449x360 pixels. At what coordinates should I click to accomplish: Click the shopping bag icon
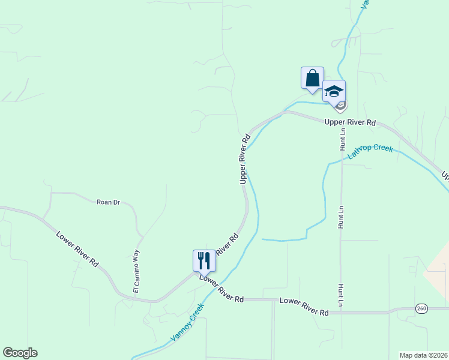tap(312, 78)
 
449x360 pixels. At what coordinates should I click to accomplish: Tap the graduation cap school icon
tap(334, 91)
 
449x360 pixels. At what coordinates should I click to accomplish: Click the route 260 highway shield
tap(421, 308)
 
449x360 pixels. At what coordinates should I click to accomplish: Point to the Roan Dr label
tap(109, 202)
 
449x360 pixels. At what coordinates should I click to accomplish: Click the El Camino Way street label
tap(136, 271)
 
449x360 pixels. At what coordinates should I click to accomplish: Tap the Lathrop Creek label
tap(370, 151)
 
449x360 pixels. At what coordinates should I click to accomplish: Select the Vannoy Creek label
tap(187, 322)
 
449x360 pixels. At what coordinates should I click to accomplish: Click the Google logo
tap(20, 353)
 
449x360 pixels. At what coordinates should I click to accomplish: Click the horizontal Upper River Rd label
tap(349, 122)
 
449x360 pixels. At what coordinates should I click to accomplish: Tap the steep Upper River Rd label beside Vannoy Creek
tap(244, 159)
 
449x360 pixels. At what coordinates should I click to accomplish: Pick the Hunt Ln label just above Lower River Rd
tap(340, 295)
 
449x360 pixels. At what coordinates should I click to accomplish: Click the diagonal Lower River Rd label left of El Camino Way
tap(77, 249)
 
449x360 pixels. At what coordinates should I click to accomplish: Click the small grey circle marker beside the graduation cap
tap(340, 106)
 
